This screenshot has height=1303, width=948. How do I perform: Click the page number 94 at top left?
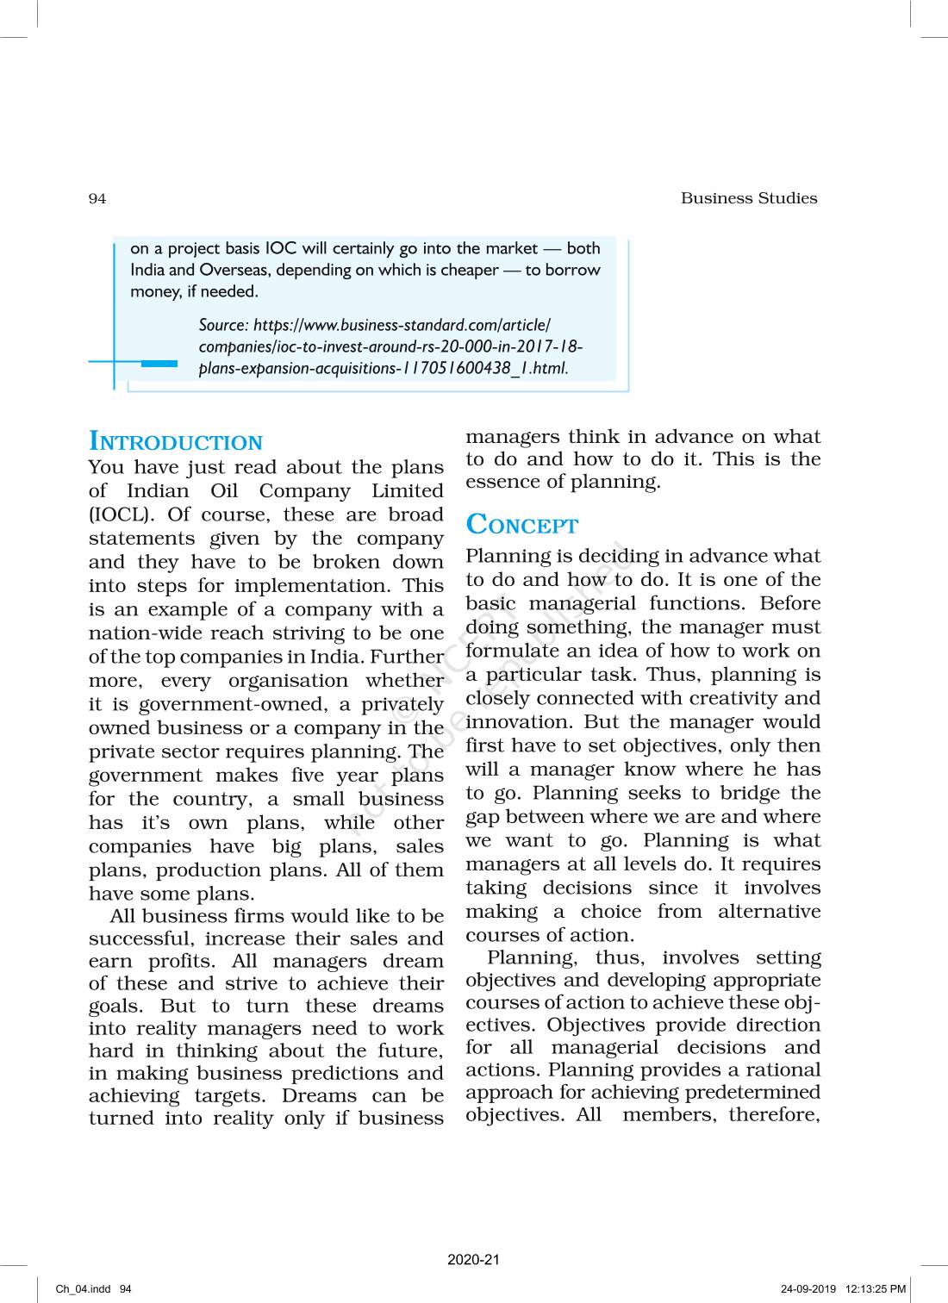click(x=97, y=199)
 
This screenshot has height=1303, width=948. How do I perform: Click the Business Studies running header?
click(x=748, y=198)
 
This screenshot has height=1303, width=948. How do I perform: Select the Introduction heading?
click(x=176, y=442)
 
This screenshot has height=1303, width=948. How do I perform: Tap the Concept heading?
click(x=521, y=525)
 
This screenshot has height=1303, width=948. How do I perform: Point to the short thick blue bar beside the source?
click(x=159, y=364)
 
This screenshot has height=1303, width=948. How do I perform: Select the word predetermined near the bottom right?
click(x=751, y=1092)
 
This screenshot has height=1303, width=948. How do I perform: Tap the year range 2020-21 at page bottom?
click(x=473, y=1260)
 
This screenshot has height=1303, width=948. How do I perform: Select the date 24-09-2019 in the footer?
click(x=808, y=1289)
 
